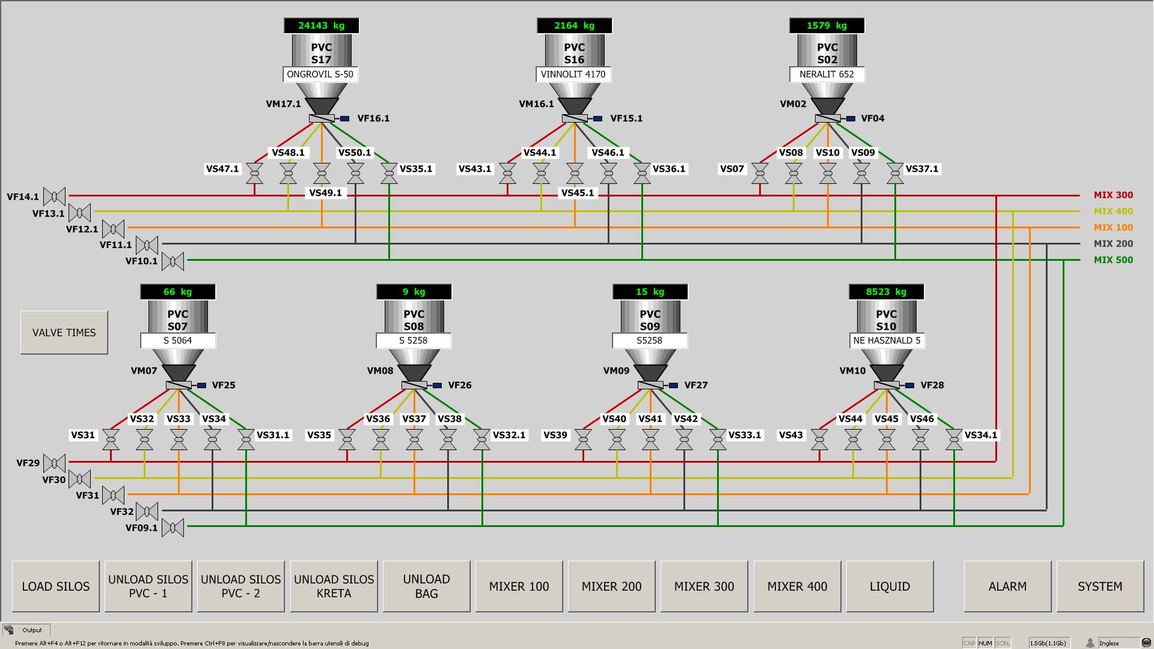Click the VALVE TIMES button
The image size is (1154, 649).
pos(64,332)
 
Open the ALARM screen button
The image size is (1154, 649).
pos(1007,587)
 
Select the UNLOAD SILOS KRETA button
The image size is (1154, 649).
pos(334,587)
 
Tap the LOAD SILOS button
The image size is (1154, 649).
pos(56,587)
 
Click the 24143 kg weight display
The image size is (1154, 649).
pos(322,25)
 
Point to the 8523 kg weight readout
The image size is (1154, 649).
pos(886,292)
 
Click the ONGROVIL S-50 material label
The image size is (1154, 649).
pos(320,75)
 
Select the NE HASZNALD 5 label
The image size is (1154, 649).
pos(887,341)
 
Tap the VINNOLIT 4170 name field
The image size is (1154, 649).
pos(573,75)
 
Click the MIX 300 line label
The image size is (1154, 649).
pos(1113,195)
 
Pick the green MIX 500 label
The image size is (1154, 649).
pos(1113,260)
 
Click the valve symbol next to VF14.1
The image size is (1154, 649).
pos(55,197)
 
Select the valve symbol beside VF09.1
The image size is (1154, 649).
pos(173,528)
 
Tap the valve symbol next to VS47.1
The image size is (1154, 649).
pos(255,174)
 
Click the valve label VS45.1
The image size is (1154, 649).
pos(578,193)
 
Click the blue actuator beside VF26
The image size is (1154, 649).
pos(438,385)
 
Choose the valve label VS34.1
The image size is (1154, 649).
pos(981,435)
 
